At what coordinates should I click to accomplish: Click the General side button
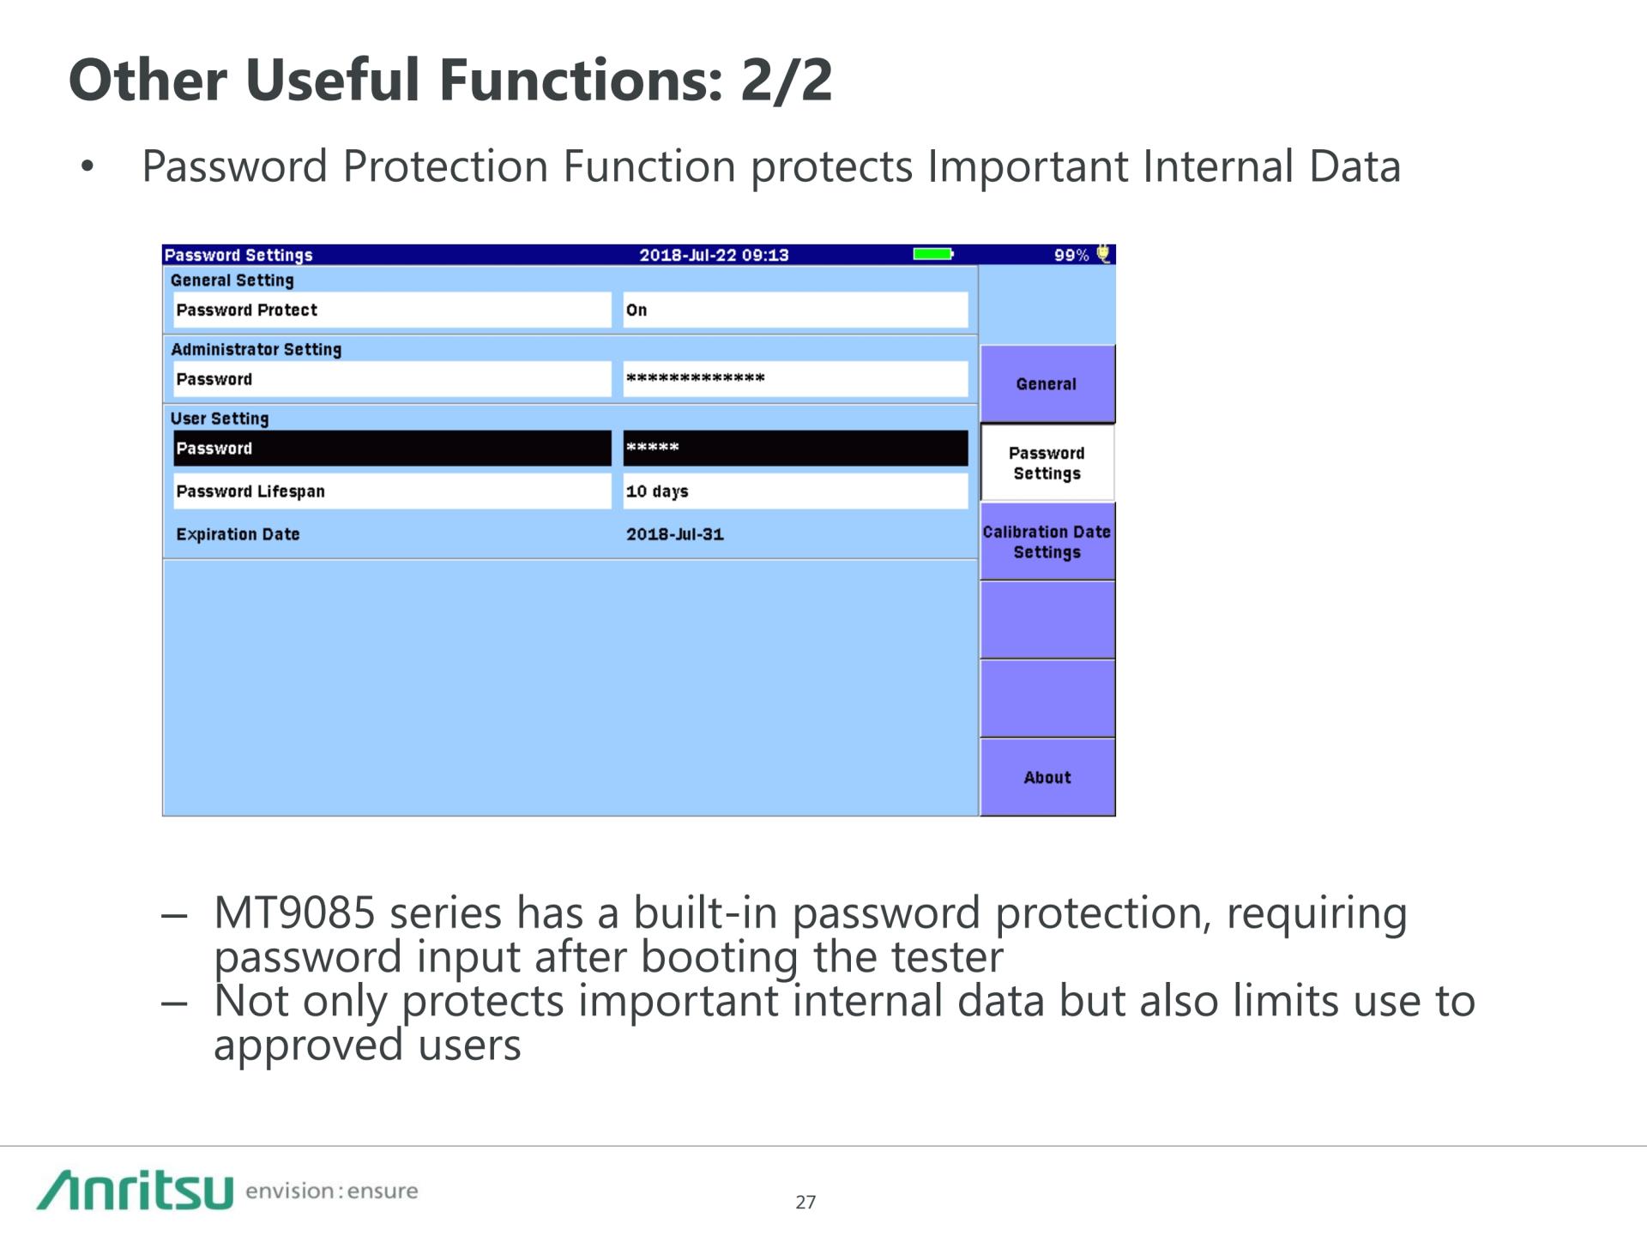coord(1047,383)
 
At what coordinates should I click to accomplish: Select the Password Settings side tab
coord(1047,463)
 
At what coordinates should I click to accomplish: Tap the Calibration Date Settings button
coord(1047,542)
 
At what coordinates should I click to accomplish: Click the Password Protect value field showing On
coord(795,310)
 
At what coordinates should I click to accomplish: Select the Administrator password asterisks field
coord(795,379)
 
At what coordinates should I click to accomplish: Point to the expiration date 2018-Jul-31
coord(675,534)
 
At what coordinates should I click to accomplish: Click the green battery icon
coord(933,254)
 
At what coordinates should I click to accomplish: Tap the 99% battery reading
coord(1071,255)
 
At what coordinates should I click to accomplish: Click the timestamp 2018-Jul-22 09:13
coord(714,255)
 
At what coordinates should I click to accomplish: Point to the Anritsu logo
coord(135,1190)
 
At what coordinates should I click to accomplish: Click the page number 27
coord(805,1202)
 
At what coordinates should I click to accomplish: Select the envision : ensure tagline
coord(332,1190)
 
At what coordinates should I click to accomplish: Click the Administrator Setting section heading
coord(256,349)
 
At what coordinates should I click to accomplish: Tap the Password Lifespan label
coord(250,491)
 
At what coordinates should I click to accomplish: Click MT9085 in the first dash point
coord(294,913)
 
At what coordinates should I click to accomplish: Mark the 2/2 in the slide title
coord(786,80)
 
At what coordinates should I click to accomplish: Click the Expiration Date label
coord(238,534)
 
